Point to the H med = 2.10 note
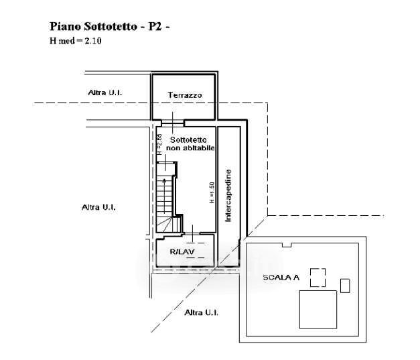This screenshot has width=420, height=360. click(x=74, y=41)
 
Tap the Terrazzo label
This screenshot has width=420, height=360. click(x=184, y=95)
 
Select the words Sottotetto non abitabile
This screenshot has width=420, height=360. click(x=190, y=143)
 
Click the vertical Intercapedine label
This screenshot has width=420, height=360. click(x=228, y=195)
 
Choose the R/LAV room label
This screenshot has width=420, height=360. click(x=182, y=252)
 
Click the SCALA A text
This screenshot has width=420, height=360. click(x=281, y=276)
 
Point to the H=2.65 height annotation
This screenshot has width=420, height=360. click(x=159, y=144)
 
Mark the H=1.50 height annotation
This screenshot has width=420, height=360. click(x=210, y=193)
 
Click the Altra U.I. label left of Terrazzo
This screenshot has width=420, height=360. click(x=104, y=92)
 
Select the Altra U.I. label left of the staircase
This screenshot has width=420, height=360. click(x=98, y=207)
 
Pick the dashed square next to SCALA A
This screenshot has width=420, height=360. click(x=318, y=277)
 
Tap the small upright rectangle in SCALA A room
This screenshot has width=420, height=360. click(x=345, y=285)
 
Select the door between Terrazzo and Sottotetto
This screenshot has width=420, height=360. click(x=173, y=123)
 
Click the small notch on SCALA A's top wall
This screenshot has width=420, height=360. click(x=287, y=245)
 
